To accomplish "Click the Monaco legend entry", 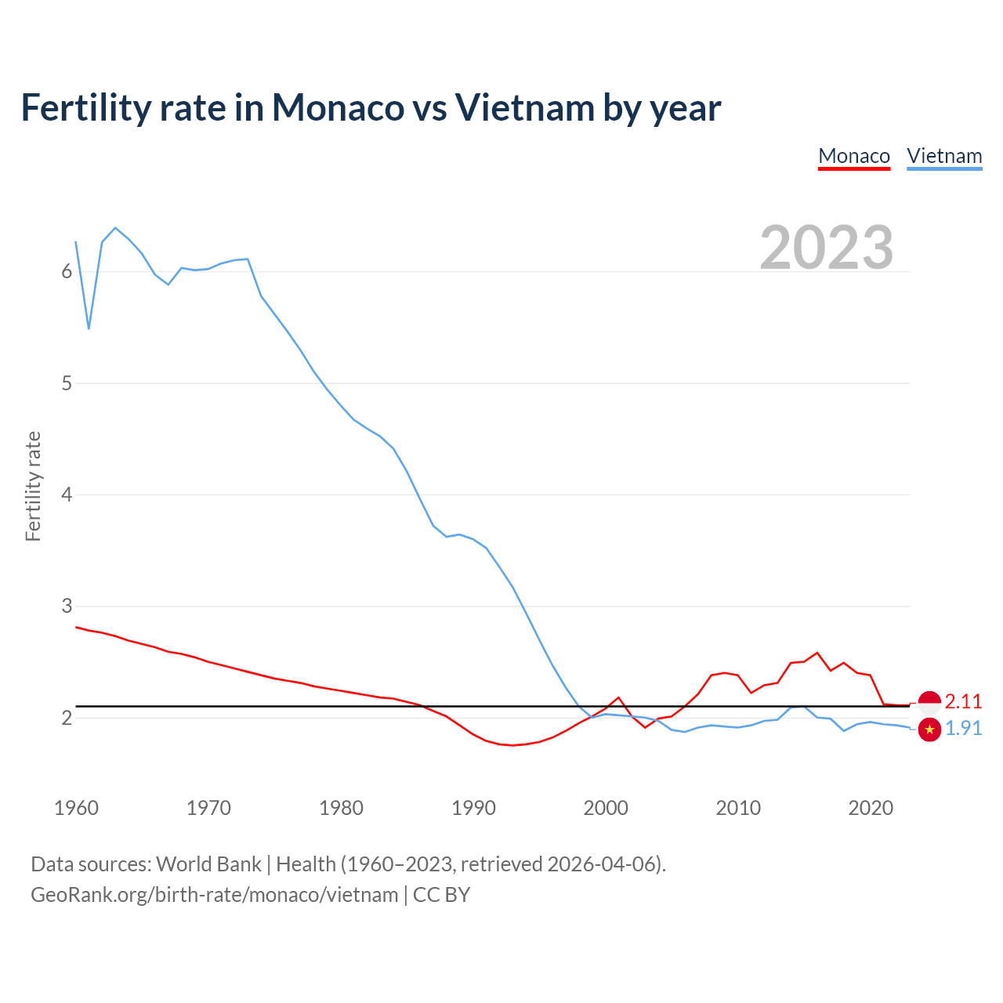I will click(854, 156).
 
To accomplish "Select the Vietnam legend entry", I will click(944, 156).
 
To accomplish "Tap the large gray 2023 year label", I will click(827, 248).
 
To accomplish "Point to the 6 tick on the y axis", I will click(67, 272).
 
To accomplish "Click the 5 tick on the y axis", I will click(67, 383).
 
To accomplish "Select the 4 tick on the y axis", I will click(67, 494).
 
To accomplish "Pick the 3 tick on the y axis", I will click(67, 606).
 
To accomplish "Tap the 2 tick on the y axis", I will click(67, 718).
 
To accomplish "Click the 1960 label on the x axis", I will click(76, 808).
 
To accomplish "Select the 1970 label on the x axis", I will click(208, 808).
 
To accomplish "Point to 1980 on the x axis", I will click(341, 808).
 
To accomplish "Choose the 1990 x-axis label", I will click(473, 808).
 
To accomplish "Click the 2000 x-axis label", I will click(606, 808).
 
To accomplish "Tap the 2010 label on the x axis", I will click(738, 808).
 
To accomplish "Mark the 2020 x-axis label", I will click(871, 808).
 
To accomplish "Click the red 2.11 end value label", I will click(963, 701).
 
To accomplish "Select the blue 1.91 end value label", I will click(963, 728).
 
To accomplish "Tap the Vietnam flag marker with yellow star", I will click(929, 730).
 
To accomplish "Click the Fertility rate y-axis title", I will click(33, 486).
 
